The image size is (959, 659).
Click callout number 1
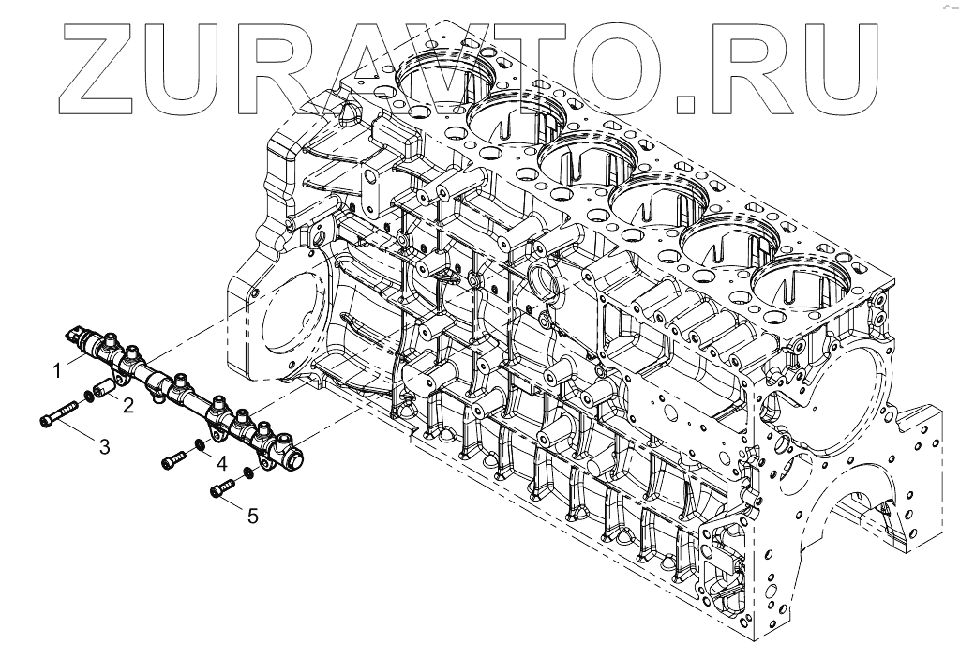[x=58, y=370]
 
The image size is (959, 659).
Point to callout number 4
[x=220, y=463]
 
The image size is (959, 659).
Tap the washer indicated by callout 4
[x=200, y=445]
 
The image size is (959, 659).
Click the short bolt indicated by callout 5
[x=221, y=488]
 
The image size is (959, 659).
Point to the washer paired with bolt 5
[x=246, y=472]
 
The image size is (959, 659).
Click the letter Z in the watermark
[x=101, y=65]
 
